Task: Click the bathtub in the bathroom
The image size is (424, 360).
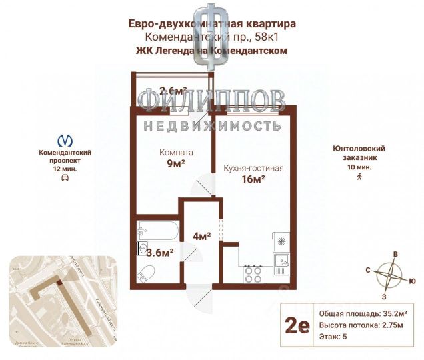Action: (x=157, y=231)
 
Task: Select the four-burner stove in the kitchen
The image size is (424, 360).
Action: (x=253, y=273)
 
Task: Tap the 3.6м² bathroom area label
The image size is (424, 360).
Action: (x=160, y=252)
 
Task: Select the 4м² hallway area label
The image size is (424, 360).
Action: (x=202, y=235)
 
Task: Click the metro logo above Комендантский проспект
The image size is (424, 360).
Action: (x=65, y=141)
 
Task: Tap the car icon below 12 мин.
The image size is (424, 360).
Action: (x=65, y=179)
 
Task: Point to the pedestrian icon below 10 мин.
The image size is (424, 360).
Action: (x=359, y=176)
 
